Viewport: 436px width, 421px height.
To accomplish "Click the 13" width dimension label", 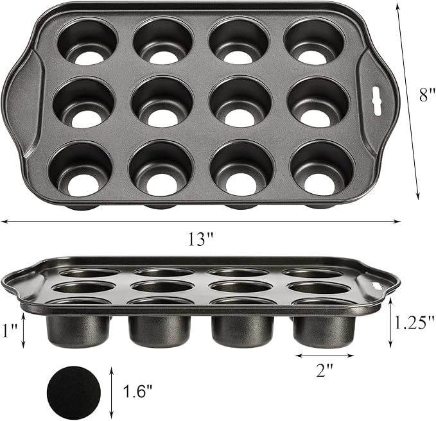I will point(201,240).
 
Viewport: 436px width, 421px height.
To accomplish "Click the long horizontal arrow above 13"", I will point(201,222).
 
